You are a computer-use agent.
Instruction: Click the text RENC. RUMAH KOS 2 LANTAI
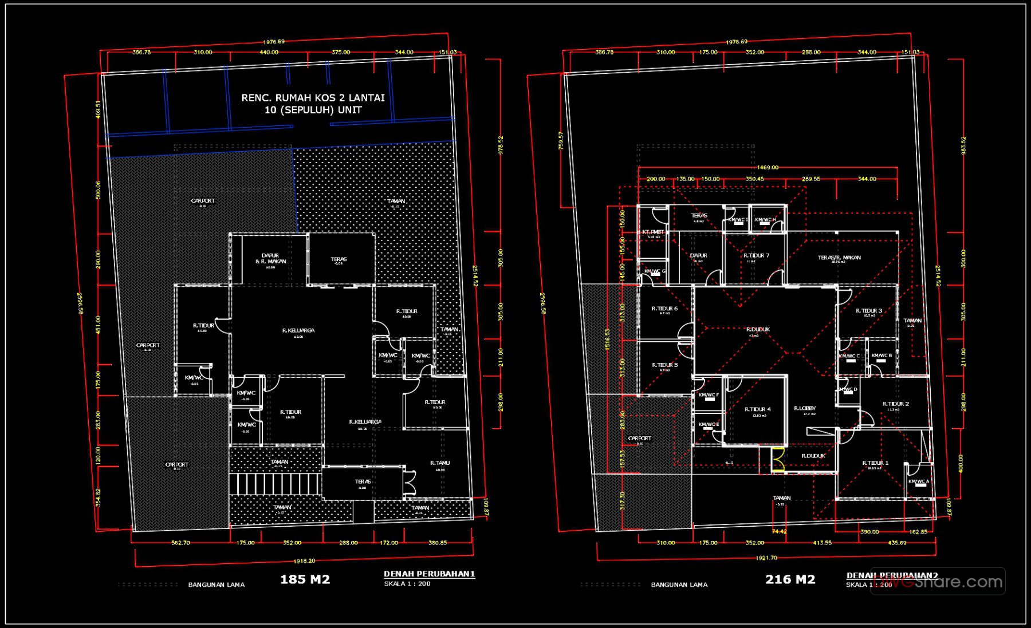[313, 98]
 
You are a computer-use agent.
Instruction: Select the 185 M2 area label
[305, 579]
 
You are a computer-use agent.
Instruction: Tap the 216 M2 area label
[790, 579]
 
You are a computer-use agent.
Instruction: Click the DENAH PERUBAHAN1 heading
[429, 574]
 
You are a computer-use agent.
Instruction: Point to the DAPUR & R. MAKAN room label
[270, 259]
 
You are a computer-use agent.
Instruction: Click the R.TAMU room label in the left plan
[440, 463]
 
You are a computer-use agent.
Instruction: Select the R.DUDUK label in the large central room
[758, 330]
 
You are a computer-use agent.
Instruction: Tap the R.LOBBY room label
[804, 408]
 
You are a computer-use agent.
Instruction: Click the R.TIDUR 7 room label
[756, 255]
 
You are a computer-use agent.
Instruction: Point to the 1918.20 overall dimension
[304, 561]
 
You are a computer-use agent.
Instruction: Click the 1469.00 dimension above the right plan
[768, 168]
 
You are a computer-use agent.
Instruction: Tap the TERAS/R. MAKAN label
[839, 258]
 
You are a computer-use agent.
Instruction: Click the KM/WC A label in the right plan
[918, 481]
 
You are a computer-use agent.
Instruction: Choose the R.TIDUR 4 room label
[757, 409]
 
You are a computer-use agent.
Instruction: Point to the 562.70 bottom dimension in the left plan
[180, 543]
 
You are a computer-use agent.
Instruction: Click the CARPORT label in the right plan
[639, 439]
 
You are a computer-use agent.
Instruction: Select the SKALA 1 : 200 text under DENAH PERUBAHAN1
[407, 584]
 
